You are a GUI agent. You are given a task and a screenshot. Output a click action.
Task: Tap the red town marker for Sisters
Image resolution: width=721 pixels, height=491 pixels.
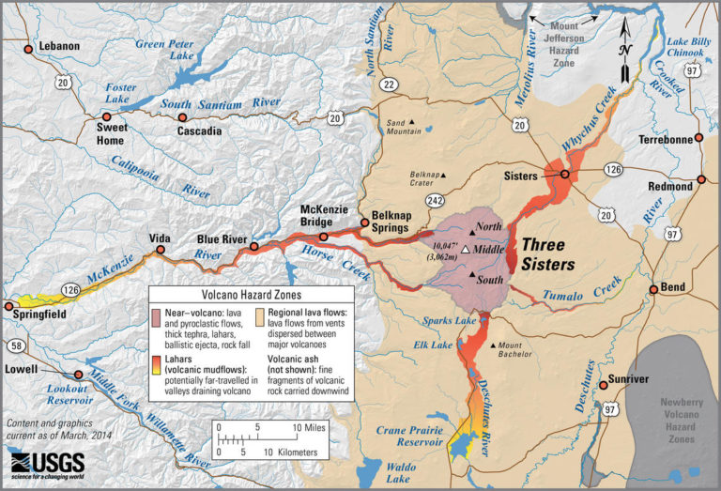[x=565, y=175]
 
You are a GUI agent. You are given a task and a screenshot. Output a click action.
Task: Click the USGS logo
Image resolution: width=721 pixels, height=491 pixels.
[x=47, y=464]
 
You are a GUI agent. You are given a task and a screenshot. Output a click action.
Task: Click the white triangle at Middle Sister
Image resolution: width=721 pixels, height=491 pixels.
[x=466, y=250]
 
